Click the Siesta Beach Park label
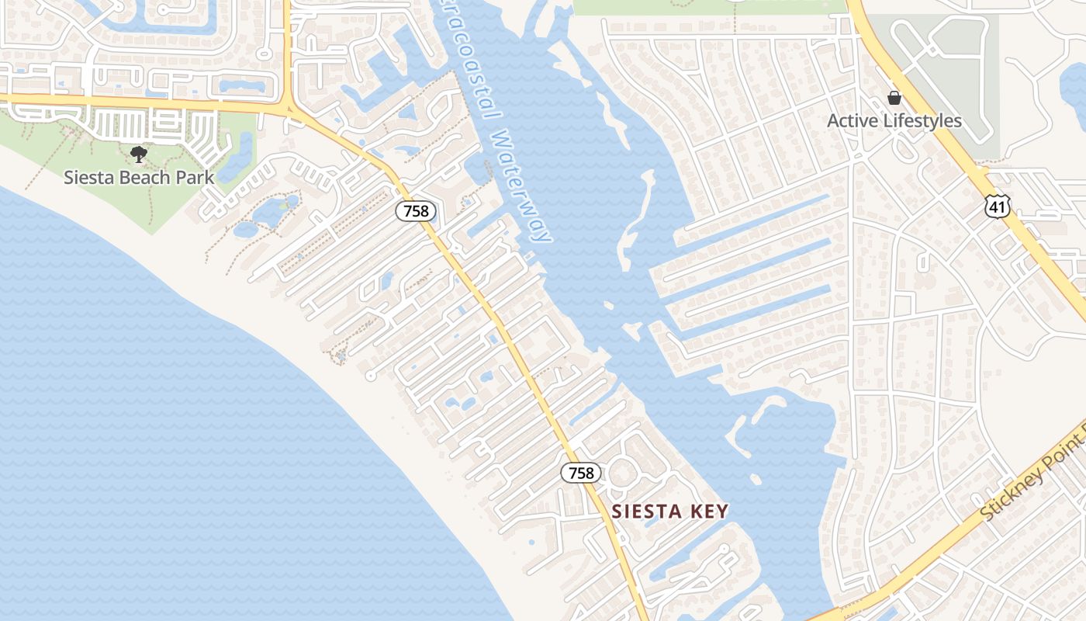(139, 177)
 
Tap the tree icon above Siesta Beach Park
(139, 154)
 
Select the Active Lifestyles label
(894, 121)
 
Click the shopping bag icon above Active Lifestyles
(894, 99)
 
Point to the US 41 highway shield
(997, 206)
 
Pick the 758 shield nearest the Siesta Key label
(581, 473)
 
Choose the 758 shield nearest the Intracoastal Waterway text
(416, 210)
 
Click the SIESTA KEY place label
(670, 512)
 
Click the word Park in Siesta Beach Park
(195, 177)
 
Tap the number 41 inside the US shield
(997, 206)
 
